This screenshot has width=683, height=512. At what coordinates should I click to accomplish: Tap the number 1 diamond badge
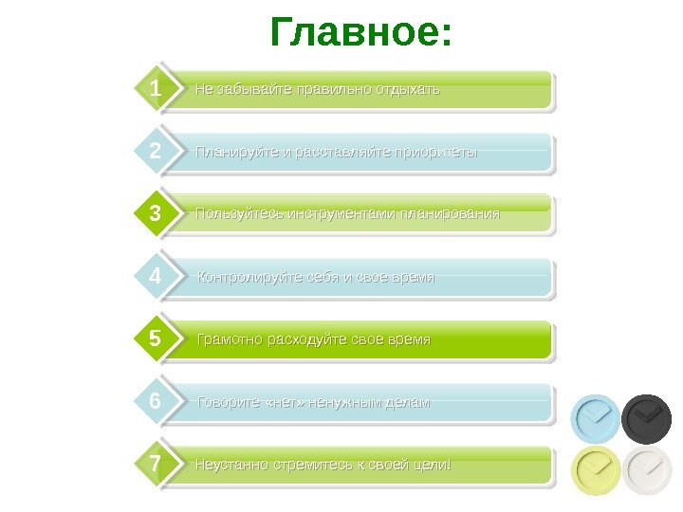click(x=155, y=90)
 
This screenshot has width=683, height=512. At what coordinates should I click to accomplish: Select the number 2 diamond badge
click(x=155, y=153)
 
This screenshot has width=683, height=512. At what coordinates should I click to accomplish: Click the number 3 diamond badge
click(x=155, y=215)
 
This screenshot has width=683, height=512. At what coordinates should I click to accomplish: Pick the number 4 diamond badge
click(x=155, y=278)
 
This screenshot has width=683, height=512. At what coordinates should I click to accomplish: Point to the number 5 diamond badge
click(x=155, y=339)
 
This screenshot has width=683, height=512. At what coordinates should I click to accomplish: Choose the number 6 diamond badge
click(x=155, y=402)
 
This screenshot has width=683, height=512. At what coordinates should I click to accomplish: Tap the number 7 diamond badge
click(x=155, y=466)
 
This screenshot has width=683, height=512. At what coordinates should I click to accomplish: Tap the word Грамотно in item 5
click(x=226, y=339)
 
